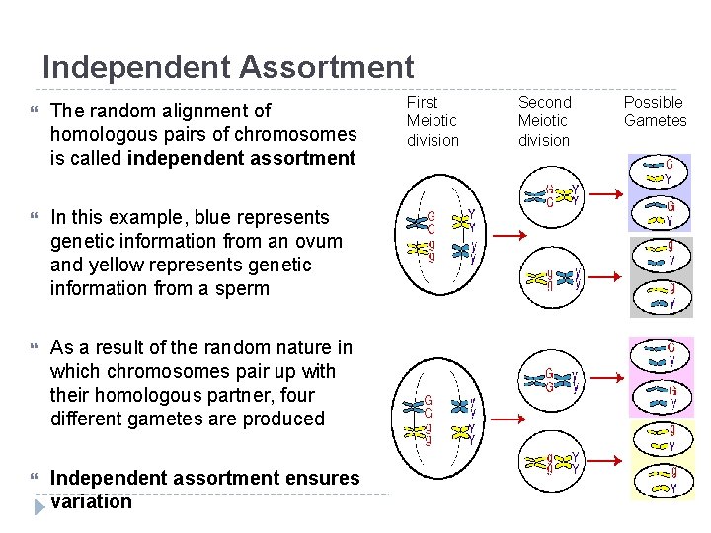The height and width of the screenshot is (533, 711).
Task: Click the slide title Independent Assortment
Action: [x=228, y=67]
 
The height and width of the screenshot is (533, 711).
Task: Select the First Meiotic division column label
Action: [x=433, y=120]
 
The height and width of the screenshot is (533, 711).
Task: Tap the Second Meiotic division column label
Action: [x=544, y=120]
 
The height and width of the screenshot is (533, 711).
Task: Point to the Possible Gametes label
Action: [x=655, y=112]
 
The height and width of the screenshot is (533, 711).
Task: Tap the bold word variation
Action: [x=91, y=501]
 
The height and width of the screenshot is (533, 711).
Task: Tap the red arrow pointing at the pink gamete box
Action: [x=604, y=373]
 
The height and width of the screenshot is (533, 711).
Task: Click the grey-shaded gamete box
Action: [x=662, y=276]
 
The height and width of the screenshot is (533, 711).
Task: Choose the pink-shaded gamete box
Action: [x=662, y=377]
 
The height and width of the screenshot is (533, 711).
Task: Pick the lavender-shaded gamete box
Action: [x=662, y=192]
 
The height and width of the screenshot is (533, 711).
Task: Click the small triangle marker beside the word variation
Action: [x=39, y=506]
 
